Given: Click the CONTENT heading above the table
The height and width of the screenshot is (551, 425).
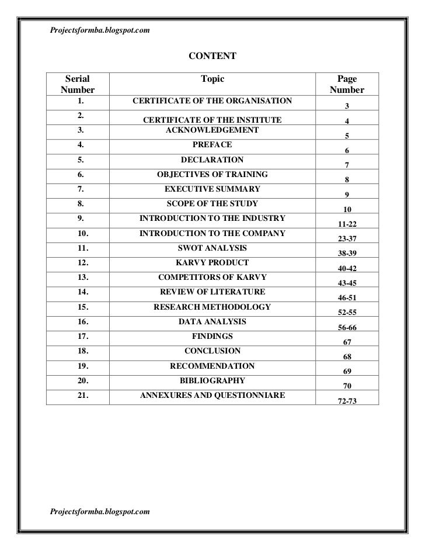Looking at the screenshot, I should coord(212,57).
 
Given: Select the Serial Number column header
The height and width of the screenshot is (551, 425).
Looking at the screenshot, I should coord(77,85).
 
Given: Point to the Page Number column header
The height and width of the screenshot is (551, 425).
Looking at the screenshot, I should coord(347,85).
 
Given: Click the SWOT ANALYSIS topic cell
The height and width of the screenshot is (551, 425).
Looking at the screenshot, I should coord(212,248).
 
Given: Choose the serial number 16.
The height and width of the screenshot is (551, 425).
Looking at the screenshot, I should coord(81,321).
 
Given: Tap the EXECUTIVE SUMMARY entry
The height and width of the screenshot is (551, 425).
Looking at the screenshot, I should coord(212,189).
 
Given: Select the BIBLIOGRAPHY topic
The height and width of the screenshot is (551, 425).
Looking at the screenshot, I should coord(212,380).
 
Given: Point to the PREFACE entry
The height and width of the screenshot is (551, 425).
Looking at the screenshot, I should coord(212,144).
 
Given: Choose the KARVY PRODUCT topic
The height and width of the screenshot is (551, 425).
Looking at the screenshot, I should coord(212,262).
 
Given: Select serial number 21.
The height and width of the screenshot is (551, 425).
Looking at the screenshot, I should coord(81,395).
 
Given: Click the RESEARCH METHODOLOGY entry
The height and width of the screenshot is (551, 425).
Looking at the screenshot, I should coord(212,307).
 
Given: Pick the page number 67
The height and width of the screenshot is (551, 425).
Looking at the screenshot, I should coord(347,342).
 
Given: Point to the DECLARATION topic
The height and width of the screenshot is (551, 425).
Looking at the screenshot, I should coord(212,160).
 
